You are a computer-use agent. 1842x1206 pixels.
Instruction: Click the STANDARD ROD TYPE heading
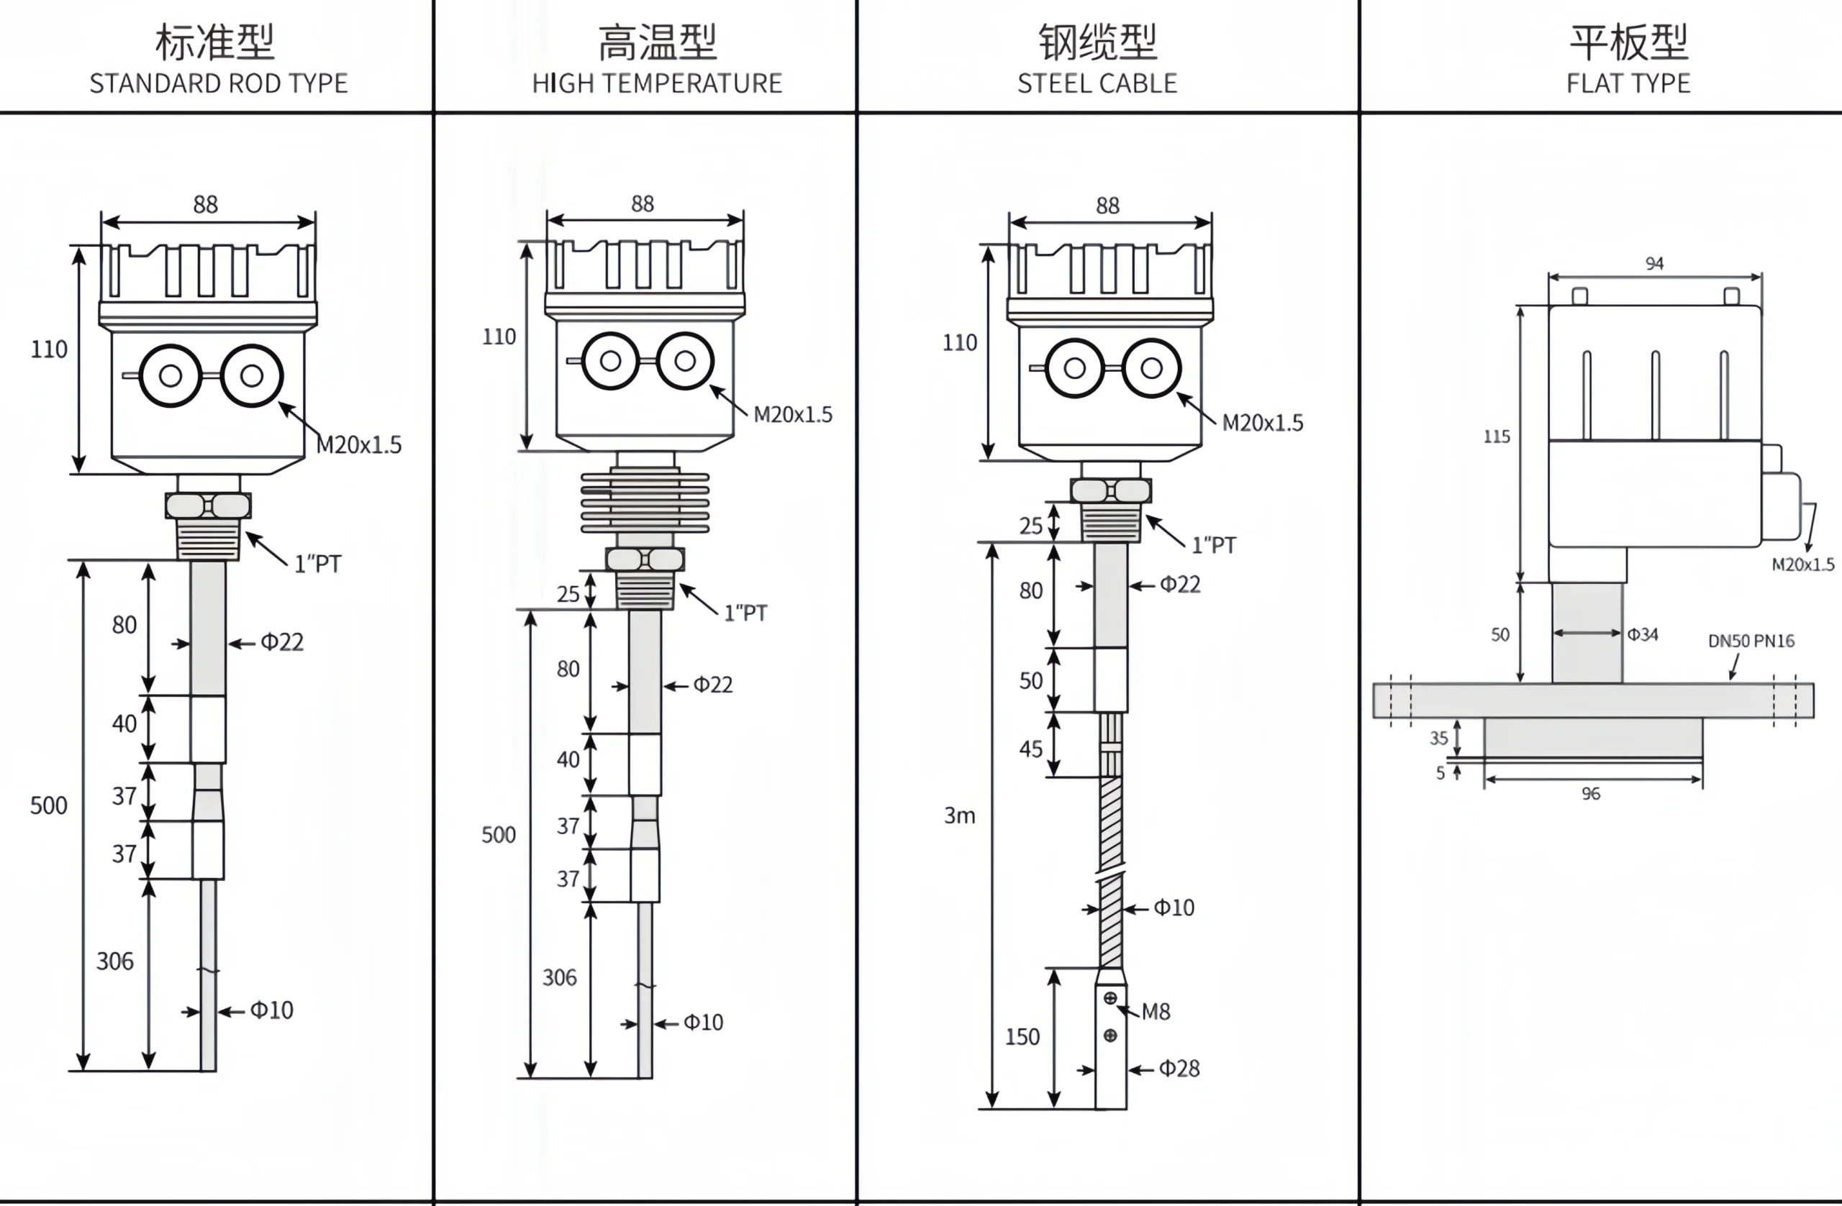pyautogui.click(x=218, y=83)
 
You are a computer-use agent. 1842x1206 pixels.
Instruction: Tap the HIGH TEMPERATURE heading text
pyautogui.click(x=657, y=83)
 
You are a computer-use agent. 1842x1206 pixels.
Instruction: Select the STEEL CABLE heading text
pyautogui.click(x=1097, y=83)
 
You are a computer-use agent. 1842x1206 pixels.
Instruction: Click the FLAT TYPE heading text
pyautogui.click(x=1628, y=83)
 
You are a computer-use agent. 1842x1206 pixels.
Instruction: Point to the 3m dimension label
pyautogui.click(x=959, y=816)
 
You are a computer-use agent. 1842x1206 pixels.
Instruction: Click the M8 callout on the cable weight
pyautogui.click(x=1156, y=1011)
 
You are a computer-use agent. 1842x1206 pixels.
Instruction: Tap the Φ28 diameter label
pyautogui.click(x=1179, y=1069)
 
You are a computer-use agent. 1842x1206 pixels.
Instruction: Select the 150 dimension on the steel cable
pyautogui.click(x=1022, y=1036)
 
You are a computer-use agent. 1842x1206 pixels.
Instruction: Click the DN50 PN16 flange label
pyautogui.click(x=1751, y=641)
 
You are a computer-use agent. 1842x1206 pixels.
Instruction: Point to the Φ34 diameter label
pyautogui.click(x=1642, y=634)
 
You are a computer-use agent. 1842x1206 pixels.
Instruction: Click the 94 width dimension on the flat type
pyautogui.click(x=1654, y=264)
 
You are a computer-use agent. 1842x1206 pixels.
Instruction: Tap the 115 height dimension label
pyautogui.click(x=1496, y=437)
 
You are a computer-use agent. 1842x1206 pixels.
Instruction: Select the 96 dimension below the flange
pyautogui.click(x=1590, y=794)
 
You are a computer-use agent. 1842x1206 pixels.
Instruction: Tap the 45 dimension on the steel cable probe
pyautogui.click(x=1030, y=748)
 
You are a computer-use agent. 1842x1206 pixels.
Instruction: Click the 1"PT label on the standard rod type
pyautogui.click(x=317, y=563)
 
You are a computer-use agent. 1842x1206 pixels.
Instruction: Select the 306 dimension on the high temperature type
pyautogui.click(x=559, y=977)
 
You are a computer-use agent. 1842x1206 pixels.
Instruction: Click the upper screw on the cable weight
pyautogui.click(x=1110, y=998)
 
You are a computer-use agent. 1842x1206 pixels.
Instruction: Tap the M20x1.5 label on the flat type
pyautogui.click(x=1802, y=565)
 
